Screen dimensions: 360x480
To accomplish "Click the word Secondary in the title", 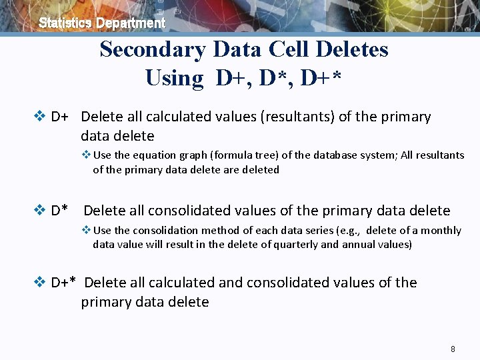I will point(153,49).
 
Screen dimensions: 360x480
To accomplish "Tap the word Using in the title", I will point(174,78).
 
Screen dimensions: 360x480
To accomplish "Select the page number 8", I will point(453,349).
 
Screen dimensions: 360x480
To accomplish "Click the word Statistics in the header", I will point(65,23).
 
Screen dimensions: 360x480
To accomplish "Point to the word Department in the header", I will point(130,23).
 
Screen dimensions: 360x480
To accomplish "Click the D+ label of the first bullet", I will point(59,117).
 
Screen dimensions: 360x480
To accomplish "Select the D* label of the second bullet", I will point(59,211).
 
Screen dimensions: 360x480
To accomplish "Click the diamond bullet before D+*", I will point(39,283).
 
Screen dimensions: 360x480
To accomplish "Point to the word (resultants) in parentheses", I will point(297,117).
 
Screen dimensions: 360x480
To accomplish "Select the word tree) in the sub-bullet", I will point(265,155).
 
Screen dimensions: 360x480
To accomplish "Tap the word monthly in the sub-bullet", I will point(439,230).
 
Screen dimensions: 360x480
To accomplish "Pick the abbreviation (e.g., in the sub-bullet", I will point(348,230).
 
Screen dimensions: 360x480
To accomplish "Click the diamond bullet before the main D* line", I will point(39,211).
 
